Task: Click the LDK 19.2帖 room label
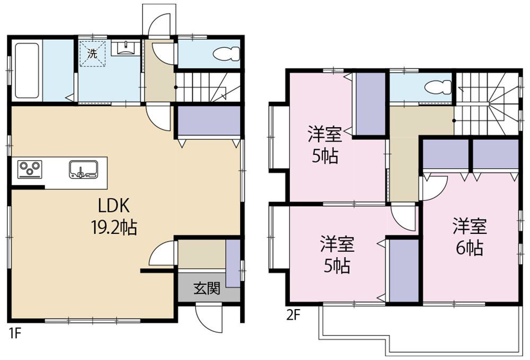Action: pyautogui.click(x=111, y=216)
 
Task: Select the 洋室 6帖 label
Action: pyautogui.click(x=469, y=237)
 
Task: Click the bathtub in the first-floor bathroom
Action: pyautogui.click(x=26, y=71)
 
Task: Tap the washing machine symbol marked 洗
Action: pyautogui.click(x=93, y=54)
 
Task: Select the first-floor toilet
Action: pyautogui.click(x=225, y=54)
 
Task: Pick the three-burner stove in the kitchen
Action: pyautogui.click(x=30, y=169)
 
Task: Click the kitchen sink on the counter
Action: pyautogui.click(x=83, y=169)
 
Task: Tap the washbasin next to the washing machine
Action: pyautogui.click(x=126, y=49)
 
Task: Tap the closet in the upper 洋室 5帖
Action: pyautogui.click(x=370, y=103)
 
